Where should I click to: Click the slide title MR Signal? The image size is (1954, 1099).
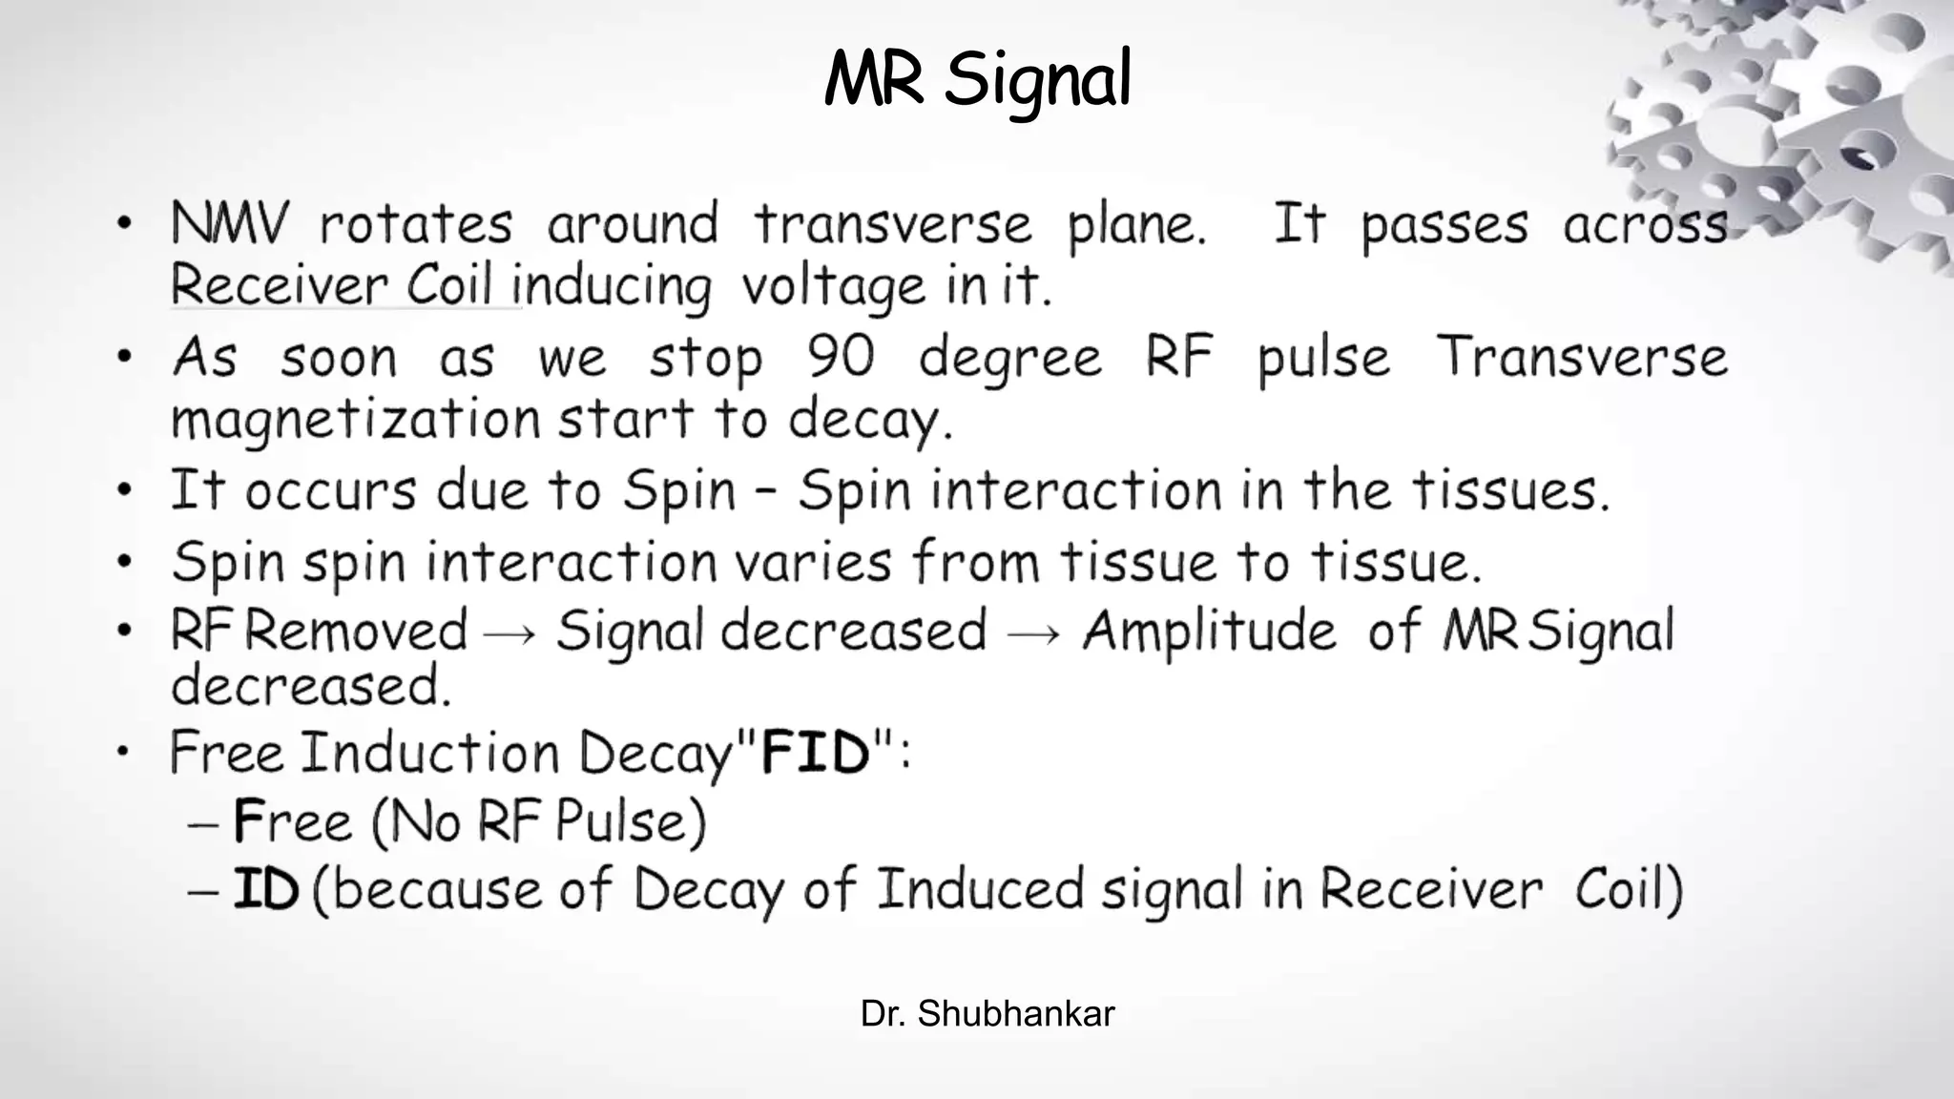click(977, 79)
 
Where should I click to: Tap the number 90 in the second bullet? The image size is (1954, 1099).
click(841, 357)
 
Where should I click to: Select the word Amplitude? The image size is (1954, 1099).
click(1209, 632)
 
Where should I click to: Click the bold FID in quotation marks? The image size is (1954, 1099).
click(816, 752)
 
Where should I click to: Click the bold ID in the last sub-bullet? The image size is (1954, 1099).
click(266, 889)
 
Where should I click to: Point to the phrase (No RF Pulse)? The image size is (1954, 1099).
click(539, 821)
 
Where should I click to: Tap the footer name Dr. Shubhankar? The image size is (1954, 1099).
click(987, 1013)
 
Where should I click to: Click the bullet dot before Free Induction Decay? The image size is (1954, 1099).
click(123, 753)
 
